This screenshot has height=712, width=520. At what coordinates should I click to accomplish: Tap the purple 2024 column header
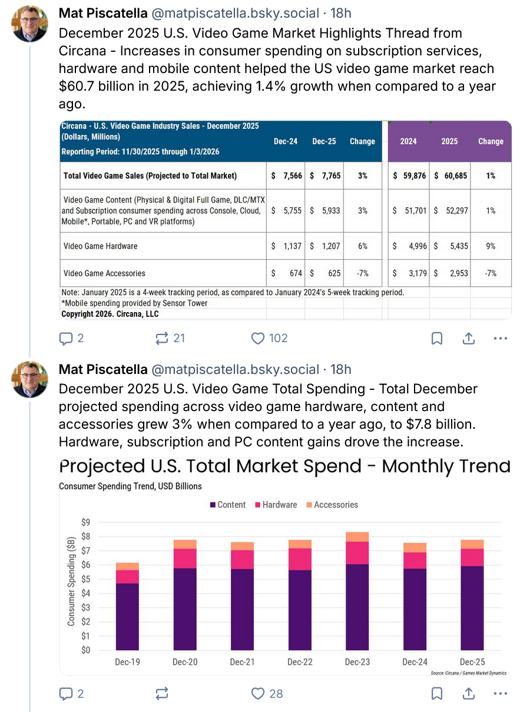pos(408,141)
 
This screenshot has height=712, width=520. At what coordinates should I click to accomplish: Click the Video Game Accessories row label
pos(104,273)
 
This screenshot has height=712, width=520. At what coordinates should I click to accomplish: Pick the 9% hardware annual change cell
pos(491,246)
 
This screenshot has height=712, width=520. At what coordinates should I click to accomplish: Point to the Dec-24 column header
pos(286,141)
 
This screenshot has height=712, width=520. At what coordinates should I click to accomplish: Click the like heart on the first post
pos(258,338)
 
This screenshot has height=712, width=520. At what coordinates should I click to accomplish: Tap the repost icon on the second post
pos(161,693)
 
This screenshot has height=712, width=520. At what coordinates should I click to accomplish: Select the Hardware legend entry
pos(275,505)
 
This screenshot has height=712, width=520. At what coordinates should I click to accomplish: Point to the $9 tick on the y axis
pos(85,522)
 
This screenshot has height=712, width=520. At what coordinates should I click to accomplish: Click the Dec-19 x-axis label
pos(127,662)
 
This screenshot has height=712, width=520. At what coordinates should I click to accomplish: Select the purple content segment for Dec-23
pos(357,607)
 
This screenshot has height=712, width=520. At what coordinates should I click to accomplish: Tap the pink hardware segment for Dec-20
pos(184,558)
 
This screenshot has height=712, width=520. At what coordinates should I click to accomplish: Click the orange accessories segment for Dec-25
pos(472,544)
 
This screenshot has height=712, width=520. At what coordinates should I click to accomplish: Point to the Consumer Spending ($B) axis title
pos(71,581)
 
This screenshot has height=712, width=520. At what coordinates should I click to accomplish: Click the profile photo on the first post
pos(29,24)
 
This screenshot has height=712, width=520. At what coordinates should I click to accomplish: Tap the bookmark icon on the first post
pos(437,338)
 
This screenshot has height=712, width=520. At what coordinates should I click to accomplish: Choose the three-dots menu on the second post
pos(500,693)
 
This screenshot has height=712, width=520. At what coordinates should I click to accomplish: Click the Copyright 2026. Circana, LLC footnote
pos(110,314)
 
